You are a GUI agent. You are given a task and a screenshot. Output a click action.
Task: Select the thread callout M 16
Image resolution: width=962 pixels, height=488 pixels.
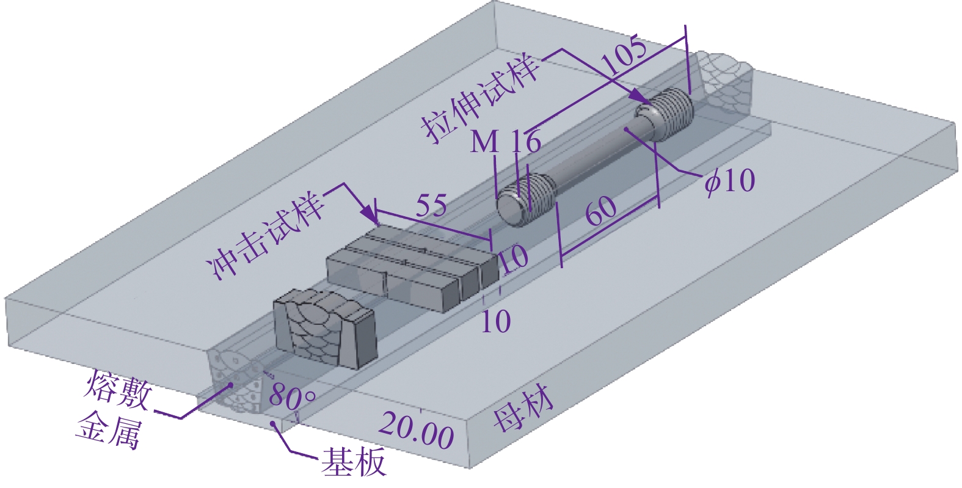(505, 142)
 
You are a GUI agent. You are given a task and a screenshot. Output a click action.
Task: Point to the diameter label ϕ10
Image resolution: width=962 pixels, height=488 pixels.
(729, 180)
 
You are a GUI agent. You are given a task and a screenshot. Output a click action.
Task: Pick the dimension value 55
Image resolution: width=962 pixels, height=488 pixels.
(431, 205)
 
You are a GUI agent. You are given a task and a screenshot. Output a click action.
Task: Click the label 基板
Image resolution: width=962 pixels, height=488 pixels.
(354, 462)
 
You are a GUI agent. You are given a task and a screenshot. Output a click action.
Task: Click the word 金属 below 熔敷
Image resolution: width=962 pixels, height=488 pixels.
(108, 431)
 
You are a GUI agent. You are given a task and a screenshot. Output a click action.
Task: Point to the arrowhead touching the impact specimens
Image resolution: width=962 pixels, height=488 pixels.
(370, 216)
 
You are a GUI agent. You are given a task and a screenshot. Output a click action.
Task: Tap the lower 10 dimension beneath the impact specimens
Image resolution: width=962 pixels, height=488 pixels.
(495, 321)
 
